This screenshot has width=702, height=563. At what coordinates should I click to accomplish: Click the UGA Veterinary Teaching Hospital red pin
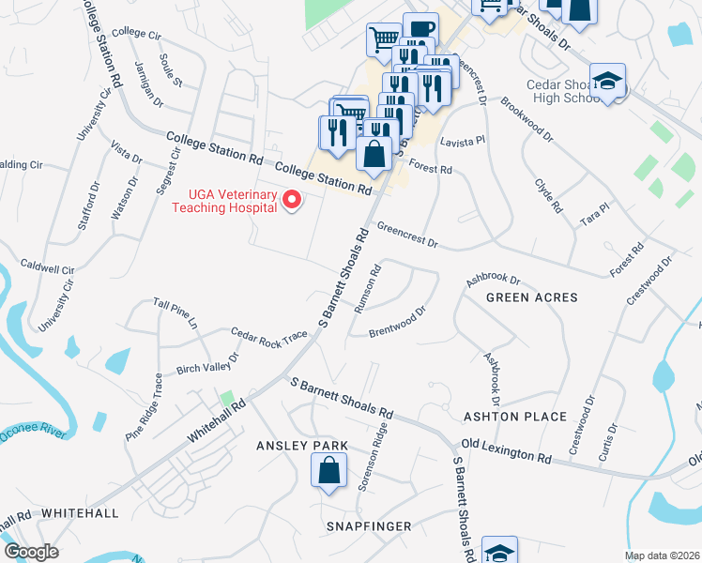[292, 199]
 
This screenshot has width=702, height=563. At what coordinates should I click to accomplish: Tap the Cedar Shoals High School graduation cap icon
[607, 82]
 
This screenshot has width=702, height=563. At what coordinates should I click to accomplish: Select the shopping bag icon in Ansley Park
[329, 471]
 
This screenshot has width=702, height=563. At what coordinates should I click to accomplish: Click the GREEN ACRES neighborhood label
[531, 297]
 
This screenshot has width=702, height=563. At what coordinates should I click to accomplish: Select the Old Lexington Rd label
[505, 450]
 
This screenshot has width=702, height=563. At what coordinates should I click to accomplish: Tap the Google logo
[32, 552]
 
